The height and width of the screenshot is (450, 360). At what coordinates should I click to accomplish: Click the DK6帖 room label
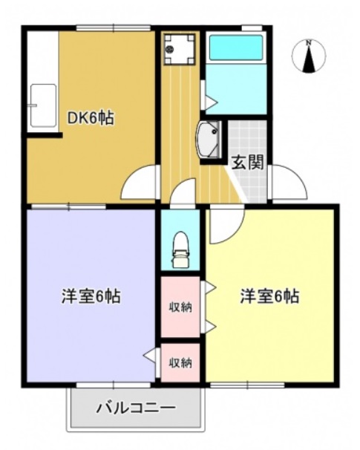(x=91, y=117)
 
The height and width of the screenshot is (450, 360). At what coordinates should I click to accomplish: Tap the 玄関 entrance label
(x=247, y=163)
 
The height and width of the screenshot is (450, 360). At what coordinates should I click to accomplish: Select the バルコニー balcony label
(x=136, y=408)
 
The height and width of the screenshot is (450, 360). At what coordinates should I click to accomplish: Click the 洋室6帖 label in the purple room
(x=91, y=296)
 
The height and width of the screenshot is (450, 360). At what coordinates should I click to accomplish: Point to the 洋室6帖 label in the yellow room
(x=269, y=296)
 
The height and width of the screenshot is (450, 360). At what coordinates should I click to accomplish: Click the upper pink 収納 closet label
(x=180, y=306)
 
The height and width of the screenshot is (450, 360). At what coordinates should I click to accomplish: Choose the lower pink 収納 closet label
(x=180, y=362)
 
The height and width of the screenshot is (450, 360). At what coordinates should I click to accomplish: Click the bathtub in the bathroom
(x=237, y=49)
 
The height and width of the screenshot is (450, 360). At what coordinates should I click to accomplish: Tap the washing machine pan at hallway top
(x=178, y=49)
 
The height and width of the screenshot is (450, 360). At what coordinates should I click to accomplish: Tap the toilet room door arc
(x=180, y=197)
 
